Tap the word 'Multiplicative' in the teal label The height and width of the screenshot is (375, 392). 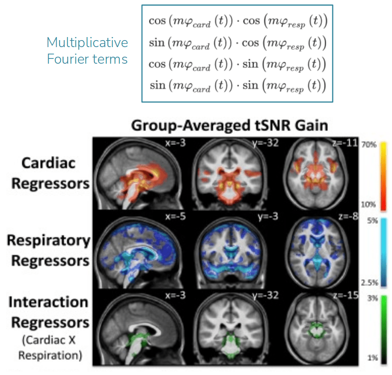[87, 43]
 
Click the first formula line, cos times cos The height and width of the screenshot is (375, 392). [238, 22]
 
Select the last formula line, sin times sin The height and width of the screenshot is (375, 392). [238, 85]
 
